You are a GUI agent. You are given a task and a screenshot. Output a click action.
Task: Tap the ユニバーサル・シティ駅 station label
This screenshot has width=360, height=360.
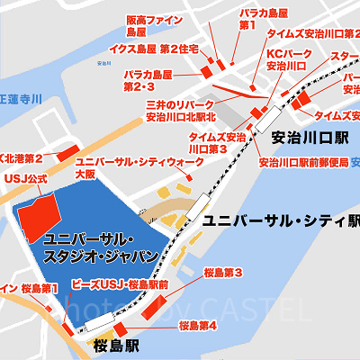pos(280,221)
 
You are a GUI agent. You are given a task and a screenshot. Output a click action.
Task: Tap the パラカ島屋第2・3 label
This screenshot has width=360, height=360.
pos(148,79)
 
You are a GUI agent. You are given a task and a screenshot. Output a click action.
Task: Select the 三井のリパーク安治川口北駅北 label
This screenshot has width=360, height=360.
pos(179,111)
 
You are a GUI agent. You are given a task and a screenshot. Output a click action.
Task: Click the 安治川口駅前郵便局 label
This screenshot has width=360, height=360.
pos(297,163)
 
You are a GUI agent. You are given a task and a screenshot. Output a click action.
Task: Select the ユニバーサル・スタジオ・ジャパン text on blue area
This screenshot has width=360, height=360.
pos(100,247)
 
